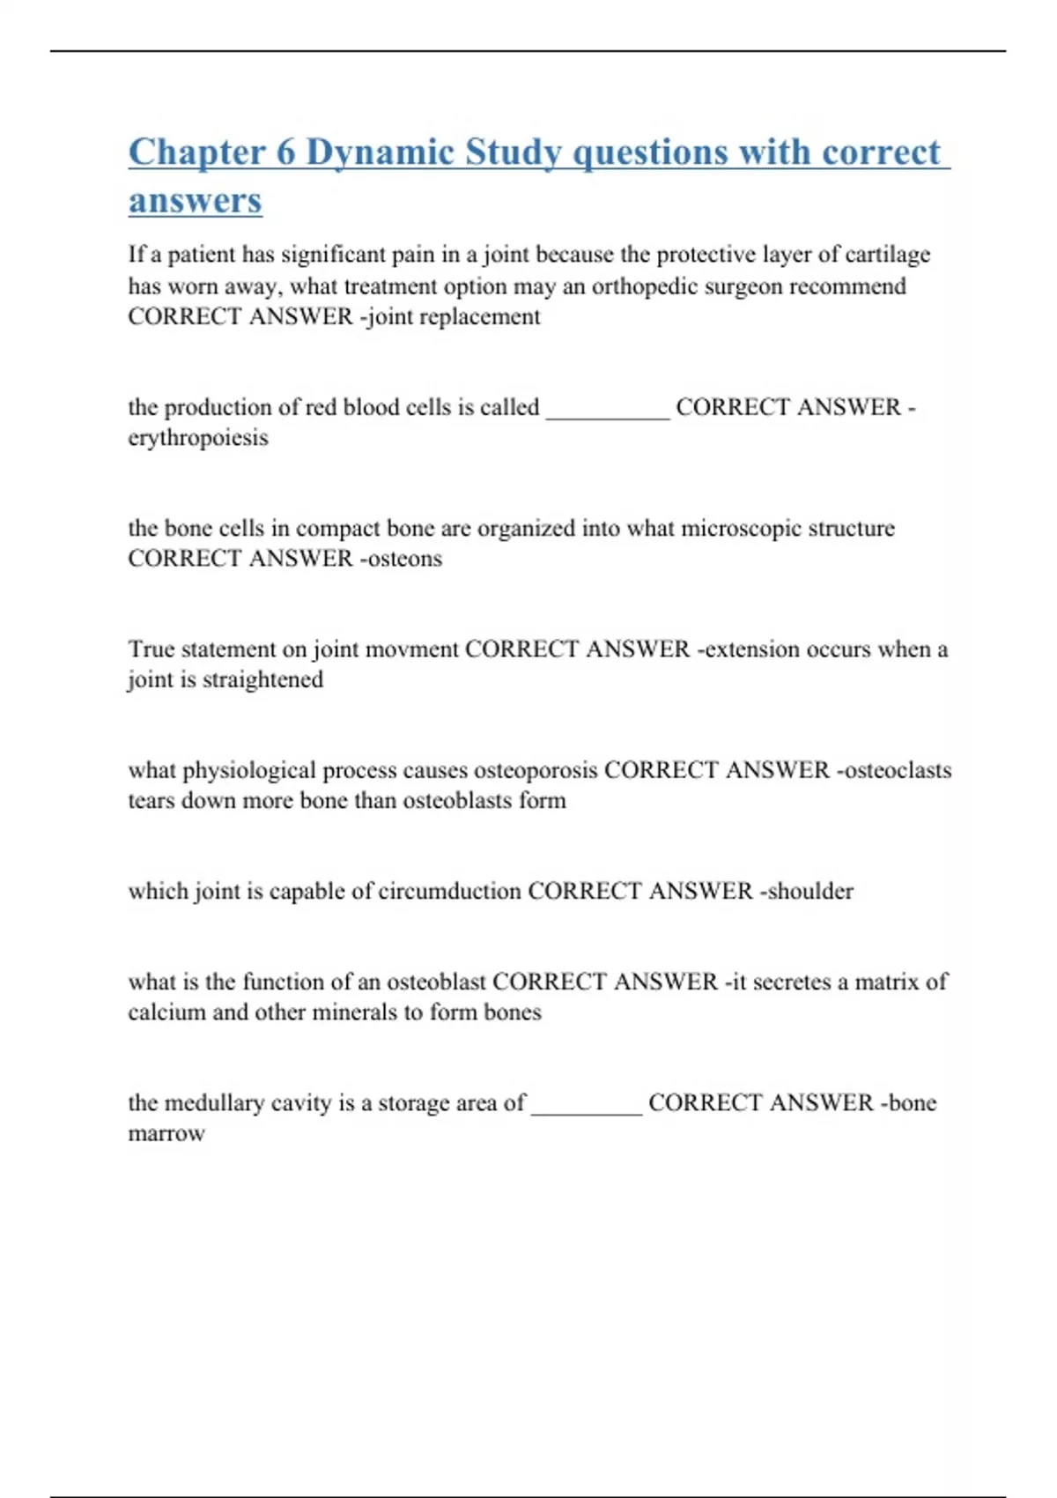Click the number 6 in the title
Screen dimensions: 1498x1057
[285, 152]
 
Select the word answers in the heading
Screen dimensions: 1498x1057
[195, 201]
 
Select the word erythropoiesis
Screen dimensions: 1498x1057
[198, 438]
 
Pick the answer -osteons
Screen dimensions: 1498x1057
[401, 559]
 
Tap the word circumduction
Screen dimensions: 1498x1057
[449, 891]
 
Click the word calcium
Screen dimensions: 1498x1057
[166, 1012]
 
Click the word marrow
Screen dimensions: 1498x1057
[166, 1133]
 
